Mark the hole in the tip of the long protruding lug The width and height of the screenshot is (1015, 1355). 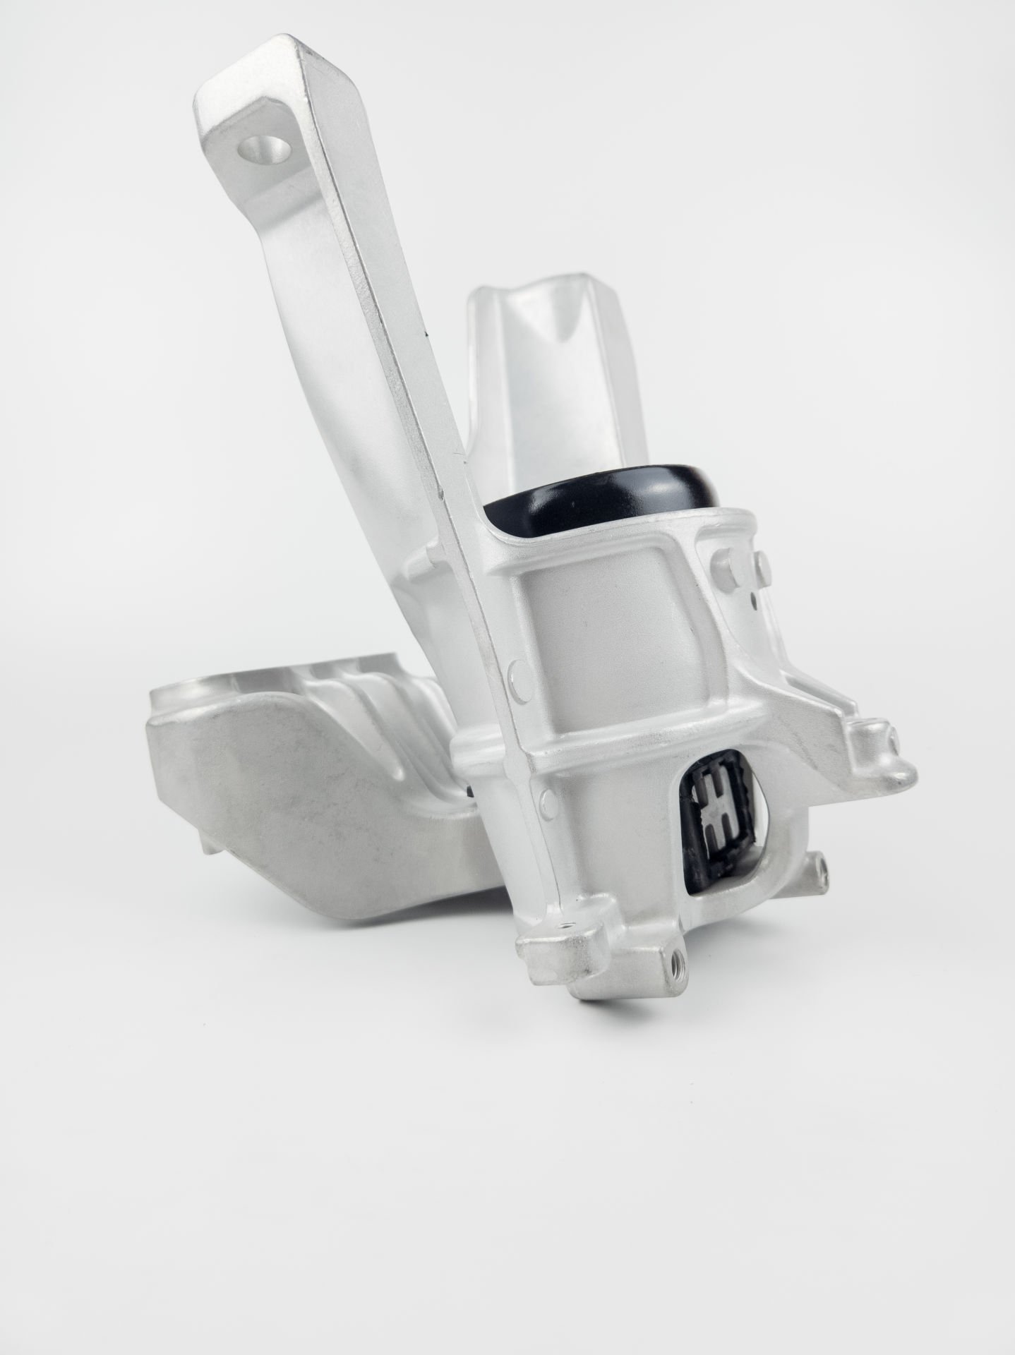pos(894,737)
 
